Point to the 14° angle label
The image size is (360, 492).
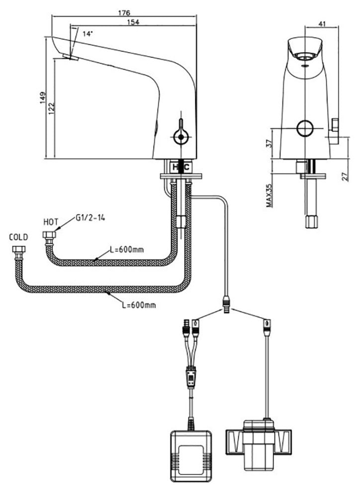point(88,34)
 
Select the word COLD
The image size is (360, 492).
point(18,237)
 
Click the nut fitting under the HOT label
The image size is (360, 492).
point(48,236)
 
